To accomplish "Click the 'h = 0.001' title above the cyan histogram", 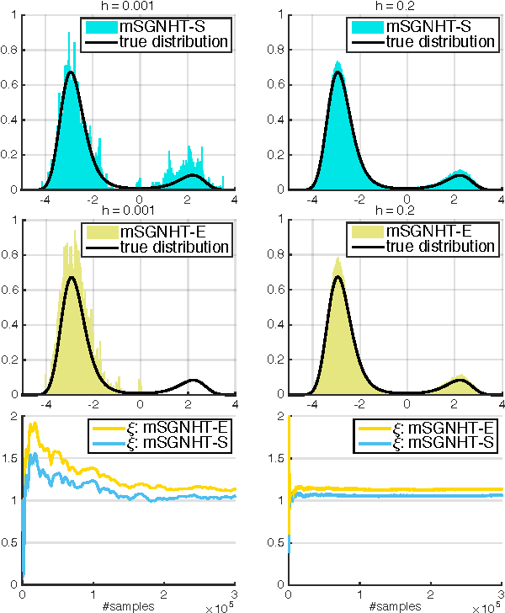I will pos(124,4).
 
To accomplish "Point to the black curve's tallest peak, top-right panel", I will pos(338,72).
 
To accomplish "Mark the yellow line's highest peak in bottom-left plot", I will pos(34,423).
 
